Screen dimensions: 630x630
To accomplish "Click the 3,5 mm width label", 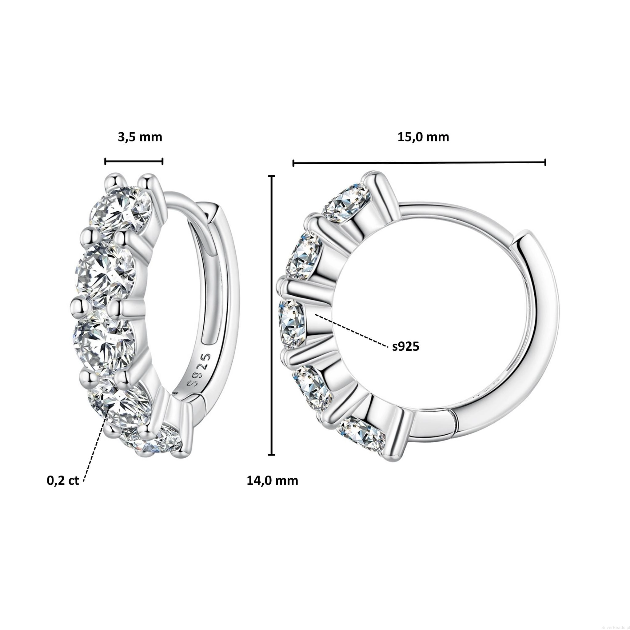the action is pos(140,137).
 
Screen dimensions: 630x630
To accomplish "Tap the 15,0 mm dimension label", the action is pos(423,137).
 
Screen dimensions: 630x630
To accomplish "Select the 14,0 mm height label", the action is pos(272,481).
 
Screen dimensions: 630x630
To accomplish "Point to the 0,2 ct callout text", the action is pos(63,481).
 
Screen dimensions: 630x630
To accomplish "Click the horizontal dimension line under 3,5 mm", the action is pos(134,161).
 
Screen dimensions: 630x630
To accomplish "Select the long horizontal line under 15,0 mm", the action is pos(419,162).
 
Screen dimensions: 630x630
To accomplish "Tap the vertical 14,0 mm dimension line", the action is pos(272,315).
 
